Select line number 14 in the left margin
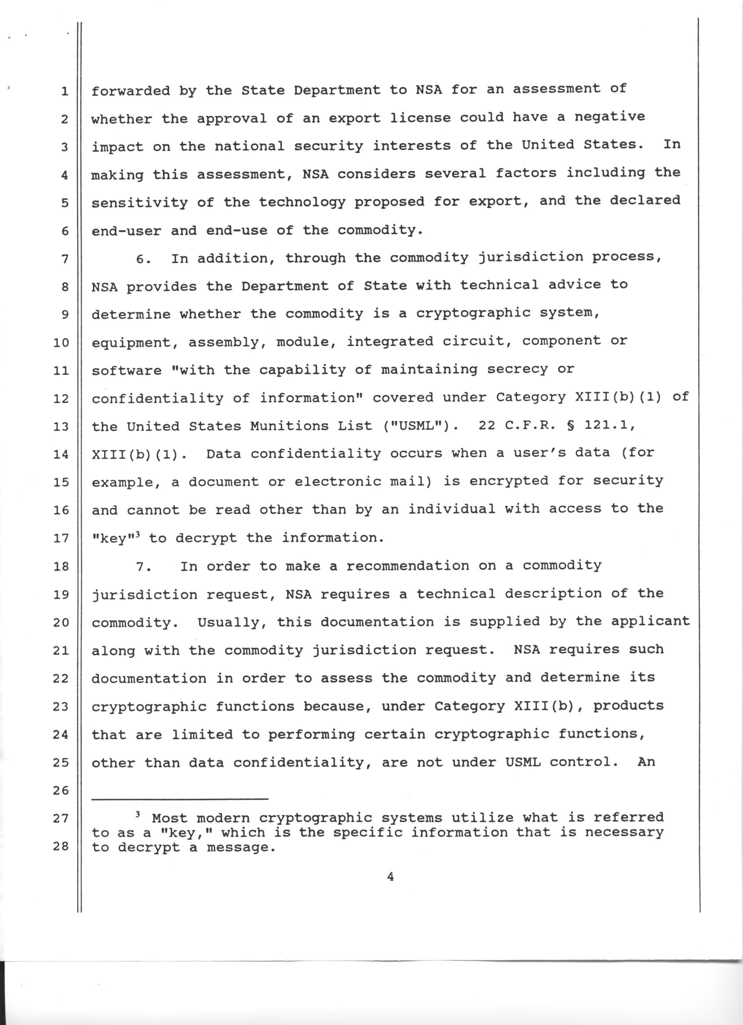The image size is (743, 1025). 60,454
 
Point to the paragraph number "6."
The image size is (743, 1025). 145,259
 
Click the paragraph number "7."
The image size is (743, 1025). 145,567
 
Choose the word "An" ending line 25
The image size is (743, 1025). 646,762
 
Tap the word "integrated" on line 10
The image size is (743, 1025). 390,341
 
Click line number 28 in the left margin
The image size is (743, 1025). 60,846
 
